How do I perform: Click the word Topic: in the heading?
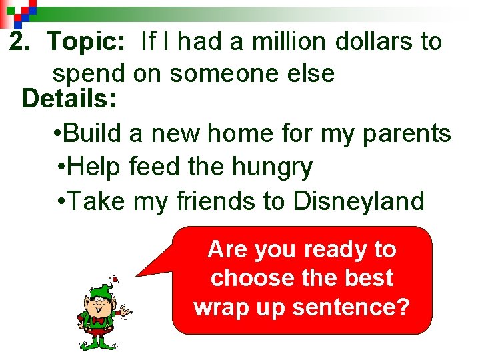pyautogui.click(x=86, y=41)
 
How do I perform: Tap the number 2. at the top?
pyautogui.click(x=23, y=41)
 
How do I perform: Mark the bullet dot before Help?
pyautogui.click(x=61, y=167)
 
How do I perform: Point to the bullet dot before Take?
pyautogui.click(x=61, y=200)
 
